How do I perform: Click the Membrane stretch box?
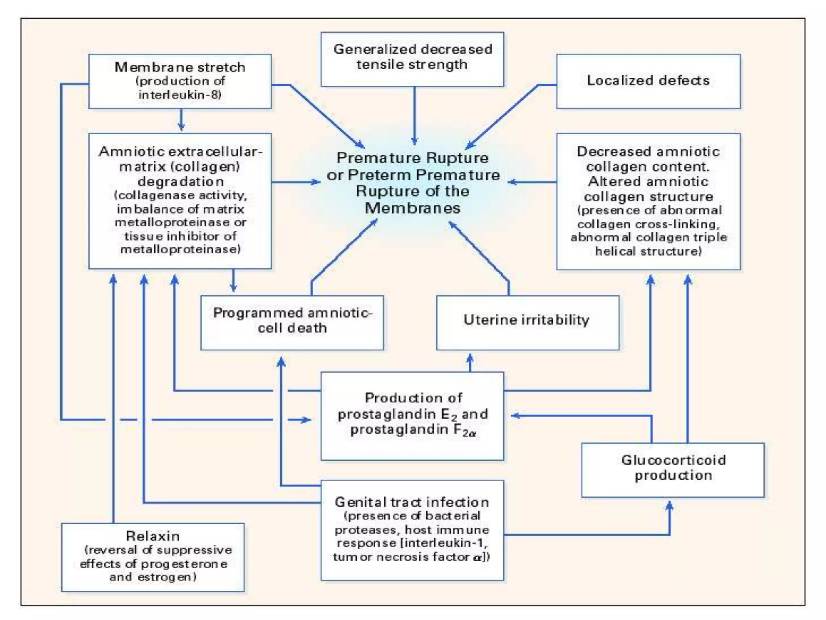180,81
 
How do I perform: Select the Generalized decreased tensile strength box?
412,59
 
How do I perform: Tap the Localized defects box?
648,81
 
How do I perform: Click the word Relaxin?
153,536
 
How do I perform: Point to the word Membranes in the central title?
412,208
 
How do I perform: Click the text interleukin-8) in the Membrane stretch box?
180,95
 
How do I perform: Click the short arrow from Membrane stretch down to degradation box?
181,120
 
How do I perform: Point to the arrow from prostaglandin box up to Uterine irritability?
470,362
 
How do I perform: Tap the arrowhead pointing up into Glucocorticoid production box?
670,506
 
